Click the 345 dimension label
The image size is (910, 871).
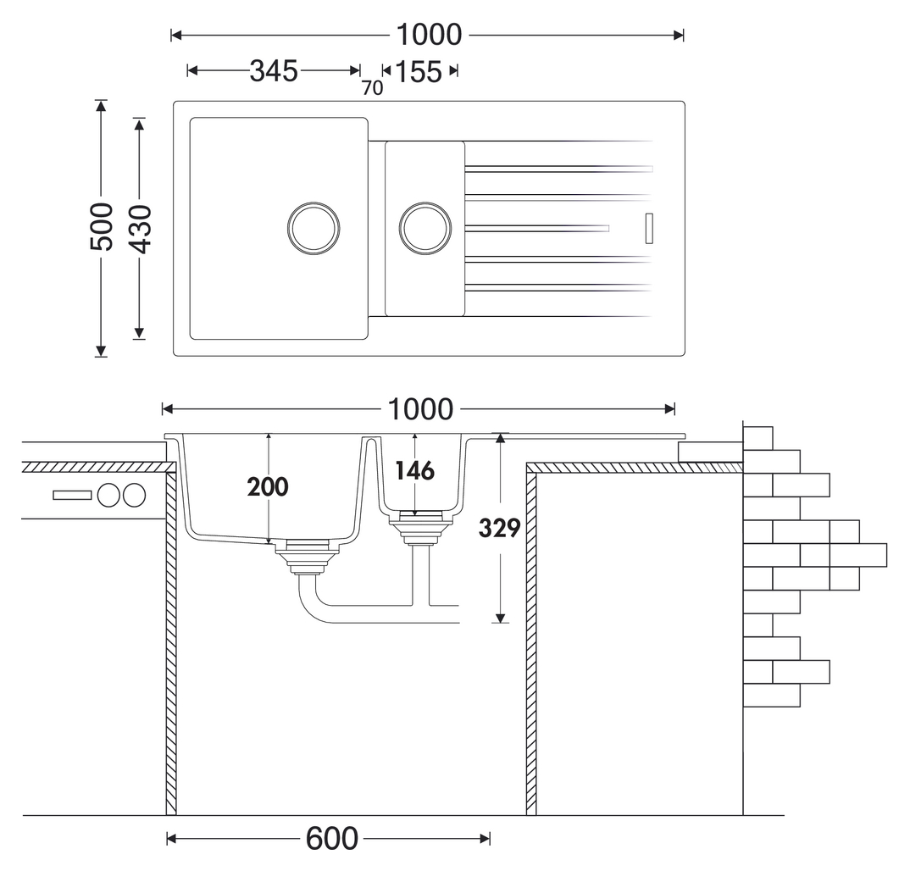pos(274,71)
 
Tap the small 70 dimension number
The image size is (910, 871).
pos(372,88)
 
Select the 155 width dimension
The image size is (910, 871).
pos(419,71)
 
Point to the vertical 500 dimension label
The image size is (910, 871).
pos(101,227)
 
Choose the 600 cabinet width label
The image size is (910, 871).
pos(331,839)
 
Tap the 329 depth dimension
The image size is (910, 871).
pos(500,528)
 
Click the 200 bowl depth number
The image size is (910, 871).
pos(268,487)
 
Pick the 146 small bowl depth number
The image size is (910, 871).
pos(414,470)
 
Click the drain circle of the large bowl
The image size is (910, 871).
pos(314,228)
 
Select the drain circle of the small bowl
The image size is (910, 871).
pos(425,228)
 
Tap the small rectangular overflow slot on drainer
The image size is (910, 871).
pos(650,227)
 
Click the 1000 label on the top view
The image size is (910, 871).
pos(430,35)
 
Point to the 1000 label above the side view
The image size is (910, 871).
pos(421,409)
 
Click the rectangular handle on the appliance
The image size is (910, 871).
pos(72,495)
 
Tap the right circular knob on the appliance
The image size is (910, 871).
pos(134,495)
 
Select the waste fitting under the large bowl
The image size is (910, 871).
pos(307,558)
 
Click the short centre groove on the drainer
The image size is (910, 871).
pos(537,227)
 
